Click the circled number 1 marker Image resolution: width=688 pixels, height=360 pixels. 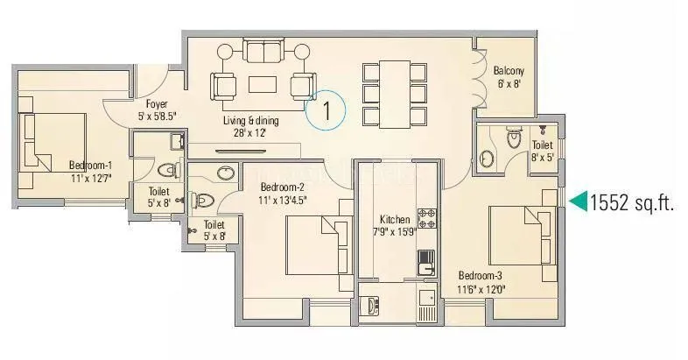click(x=326, y=111)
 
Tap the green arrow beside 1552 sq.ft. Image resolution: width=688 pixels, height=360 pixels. click(x=579, y=202)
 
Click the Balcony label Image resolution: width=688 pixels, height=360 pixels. click(x=509, y=70)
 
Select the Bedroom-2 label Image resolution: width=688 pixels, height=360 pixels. click(x=282, y=187)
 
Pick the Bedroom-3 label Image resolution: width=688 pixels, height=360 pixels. click(x=481, y=272)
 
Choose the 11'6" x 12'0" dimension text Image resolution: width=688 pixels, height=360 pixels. click(x=481, y=286)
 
